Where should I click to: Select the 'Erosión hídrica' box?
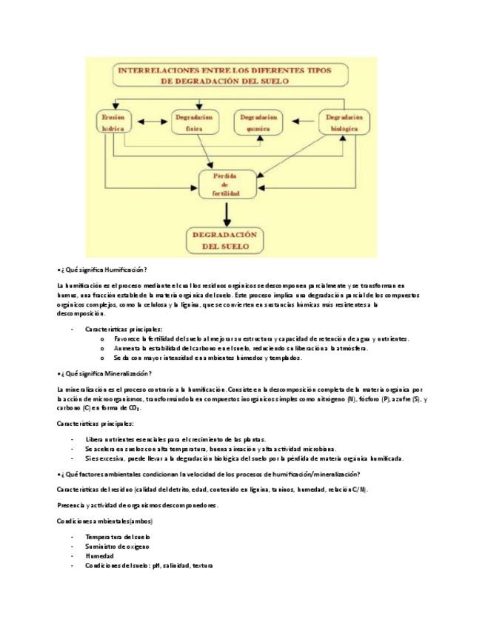coord(113,122)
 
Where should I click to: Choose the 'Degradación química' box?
coord(258,122)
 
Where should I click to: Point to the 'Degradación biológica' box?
coord(344,122)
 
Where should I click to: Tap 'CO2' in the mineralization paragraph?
coord(134,408)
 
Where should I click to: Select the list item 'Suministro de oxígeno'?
coord(117,547)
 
